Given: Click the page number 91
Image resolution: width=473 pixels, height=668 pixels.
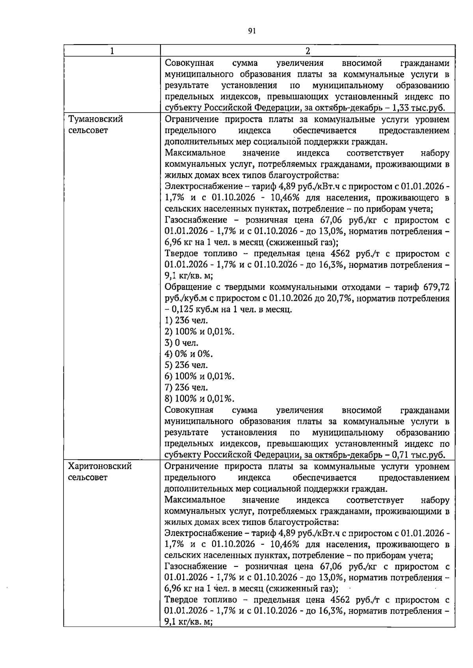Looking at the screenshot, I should click(252, 31).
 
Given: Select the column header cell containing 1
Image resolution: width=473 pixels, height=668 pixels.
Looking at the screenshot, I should click(112, 51).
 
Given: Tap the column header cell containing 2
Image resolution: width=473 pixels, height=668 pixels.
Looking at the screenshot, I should click(307, 51).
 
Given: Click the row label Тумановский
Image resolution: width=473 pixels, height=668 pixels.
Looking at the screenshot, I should click(96, 119).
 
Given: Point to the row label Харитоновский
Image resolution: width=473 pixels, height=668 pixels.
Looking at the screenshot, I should click(100, 466).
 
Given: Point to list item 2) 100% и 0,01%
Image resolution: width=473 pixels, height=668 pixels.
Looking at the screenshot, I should click(199, 332).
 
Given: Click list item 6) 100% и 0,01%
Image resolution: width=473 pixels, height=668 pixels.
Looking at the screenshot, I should click(199, 376).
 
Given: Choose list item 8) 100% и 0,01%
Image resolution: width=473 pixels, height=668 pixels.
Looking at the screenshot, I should click(199, 399).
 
